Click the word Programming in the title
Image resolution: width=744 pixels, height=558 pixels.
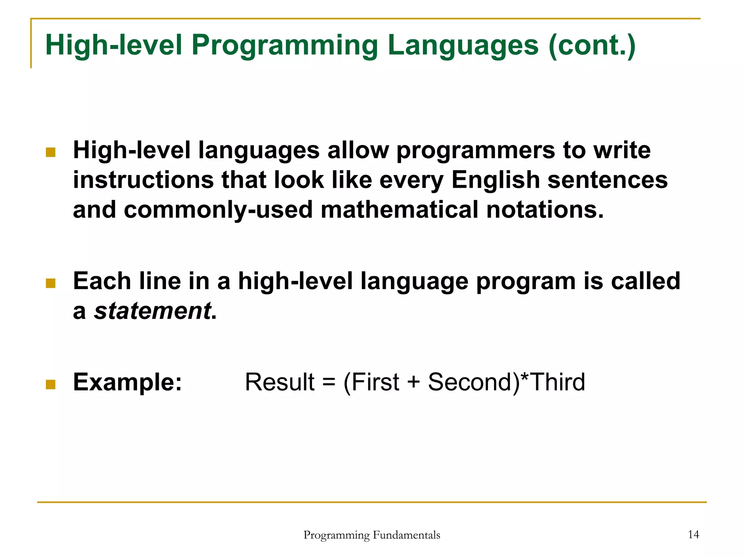[284, 46]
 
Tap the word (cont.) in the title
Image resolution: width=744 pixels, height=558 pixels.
[592, 45]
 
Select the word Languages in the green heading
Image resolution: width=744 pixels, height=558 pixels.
[463, 46]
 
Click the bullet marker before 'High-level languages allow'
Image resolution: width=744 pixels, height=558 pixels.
[51, 152]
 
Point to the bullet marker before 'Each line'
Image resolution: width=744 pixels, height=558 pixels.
[51, 283]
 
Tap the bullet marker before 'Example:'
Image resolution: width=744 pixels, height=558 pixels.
[51, 384]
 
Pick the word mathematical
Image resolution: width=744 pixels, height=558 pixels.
[399, 210]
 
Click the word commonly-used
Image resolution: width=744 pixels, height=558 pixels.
[218, 210]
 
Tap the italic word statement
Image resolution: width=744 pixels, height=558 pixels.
[153, 311]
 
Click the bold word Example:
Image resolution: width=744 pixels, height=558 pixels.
[128, 382]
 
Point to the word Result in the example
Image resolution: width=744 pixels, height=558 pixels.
[280, 382]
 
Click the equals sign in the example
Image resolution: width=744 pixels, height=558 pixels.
[328, 383]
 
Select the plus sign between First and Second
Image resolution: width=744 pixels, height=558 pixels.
[413, 383]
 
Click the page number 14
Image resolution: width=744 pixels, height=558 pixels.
[694, 534]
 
